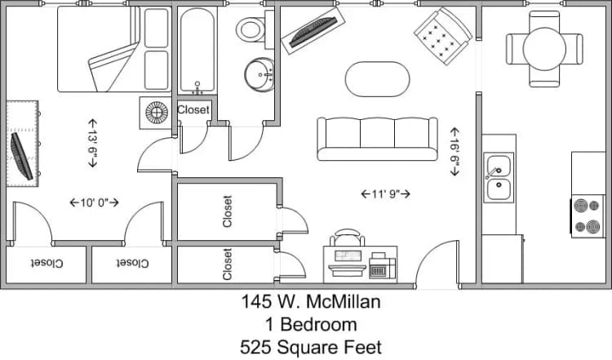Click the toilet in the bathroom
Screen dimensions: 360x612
251,29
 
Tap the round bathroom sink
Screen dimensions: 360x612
261,73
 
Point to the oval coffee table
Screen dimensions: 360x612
378,79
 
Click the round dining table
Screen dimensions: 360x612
543,47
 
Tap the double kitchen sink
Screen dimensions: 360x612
498,178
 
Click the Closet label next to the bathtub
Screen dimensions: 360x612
193,109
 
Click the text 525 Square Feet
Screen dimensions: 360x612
310,347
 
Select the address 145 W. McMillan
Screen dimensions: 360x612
311,302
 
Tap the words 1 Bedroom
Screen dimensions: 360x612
311,324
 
